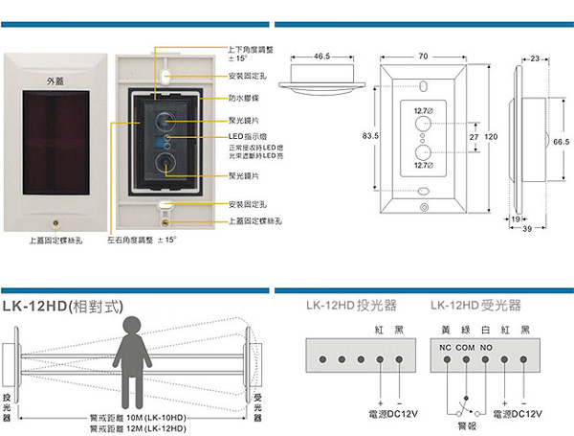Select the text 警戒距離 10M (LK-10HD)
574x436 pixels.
[138, 418]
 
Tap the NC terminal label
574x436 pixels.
[445, 345]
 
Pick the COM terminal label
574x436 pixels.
[466, 345]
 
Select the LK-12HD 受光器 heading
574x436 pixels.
[475, 307]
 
